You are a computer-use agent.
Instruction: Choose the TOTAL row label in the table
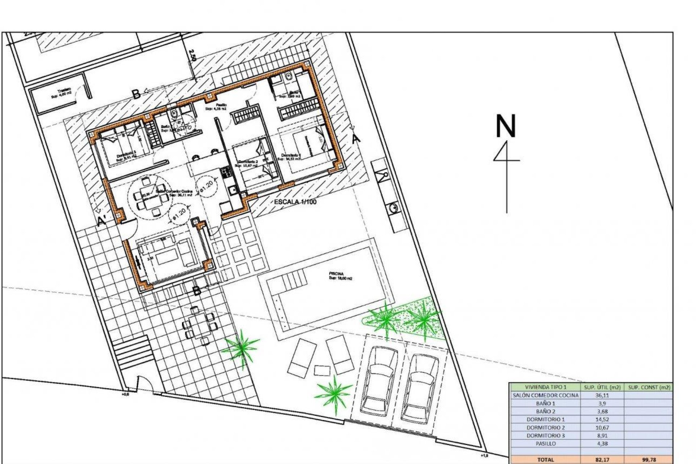[546, 460]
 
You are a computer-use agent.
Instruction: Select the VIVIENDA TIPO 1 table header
[546, 387]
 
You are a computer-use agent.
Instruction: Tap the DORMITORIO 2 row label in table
[546, 427]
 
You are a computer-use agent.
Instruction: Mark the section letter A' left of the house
[102, 221]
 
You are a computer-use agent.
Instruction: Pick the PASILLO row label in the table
[546, 443]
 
